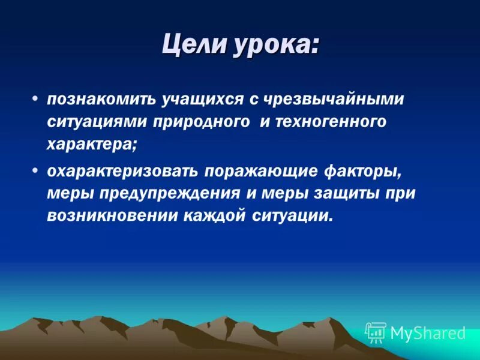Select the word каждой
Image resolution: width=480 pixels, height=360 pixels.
coord(206,217)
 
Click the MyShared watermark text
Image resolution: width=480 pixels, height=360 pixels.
coord(428,333)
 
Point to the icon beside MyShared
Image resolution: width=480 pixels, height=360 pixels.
coord(375,332)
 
